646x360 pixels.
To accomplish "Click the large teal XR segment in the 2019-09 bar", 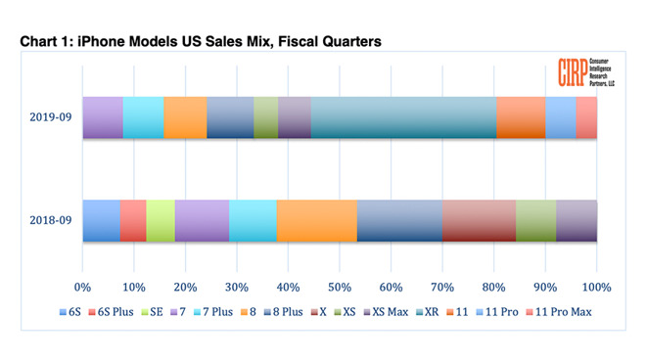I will click(403, 118).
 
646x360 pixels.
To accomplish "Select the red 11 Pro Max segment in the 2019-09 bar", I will click(586, 118).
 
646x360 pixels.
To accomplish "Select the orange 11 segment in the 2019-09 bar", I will click(521, 118).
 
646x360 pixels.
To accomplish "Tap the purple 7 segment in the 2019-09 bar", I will click(103, 118).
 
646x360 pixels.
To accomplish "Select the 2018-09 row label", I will click(50, 221).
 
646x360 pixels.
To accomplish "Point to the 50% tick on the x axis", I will click(340, 288).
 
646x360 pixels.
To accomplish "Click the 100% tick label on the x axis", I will click(596, 288).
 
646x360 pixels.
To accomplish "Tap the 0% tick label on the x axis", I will click(83, 288).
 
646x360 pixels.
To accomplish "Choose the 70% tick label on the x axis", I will click(442, 288).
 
